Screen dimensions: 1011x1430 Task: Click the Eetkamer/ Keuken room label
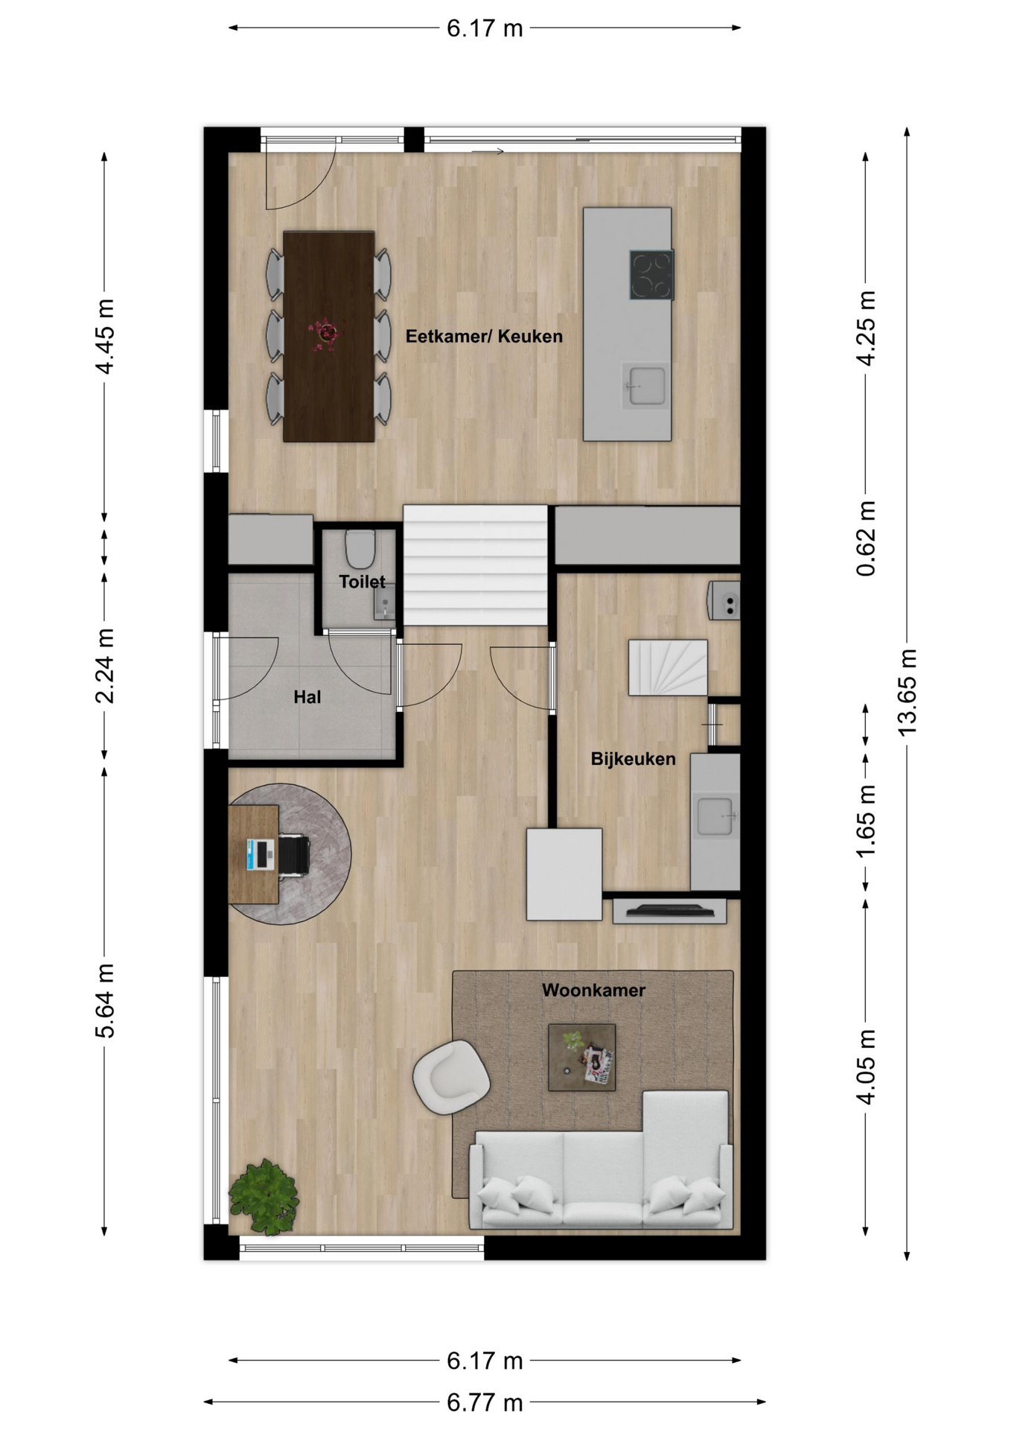click(x=484, y=337)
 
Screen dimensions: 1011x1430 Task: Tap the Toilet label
click(x=362, y=582)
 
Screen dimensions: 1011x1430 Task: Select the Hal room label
click(x=307, y=697)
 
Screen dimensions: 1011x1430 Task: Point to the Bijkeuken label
click(x=633, y=759)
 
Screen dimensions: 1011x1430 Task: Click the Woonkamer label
click(x=593, y=991)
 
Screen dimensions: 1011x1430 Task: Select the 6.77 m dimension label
click(x=485, y=1403)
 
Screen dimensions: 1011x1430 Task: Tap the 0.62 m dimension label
click(x=866, y=538)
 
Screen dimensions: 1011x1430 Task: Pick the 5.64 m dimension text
click(x=104, y=1000)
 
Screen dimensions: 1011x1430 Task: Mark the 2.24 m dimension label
click(x=104, y=666)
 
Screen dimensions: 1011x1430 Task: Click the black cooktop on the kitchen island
click(x=651, y=275)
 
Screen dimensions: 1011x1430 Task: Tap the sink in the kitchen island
click(x=645, y=386)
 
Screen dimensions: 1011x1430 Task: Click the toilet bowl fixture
click(x=360, y=549)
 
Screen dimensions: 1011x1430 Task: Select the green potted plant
click(x=264, y=1196)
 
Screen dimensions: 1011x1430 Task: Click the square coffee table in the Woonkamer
click(x=581, y=1057)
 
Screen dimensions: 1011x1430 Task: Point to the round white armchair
click(x=451, y=1077)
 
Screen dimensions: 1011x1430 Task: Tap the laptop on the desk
click(x=261, y=854)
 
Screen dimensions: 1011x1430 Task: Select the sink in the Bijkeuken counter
click(x=715, y=817)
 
